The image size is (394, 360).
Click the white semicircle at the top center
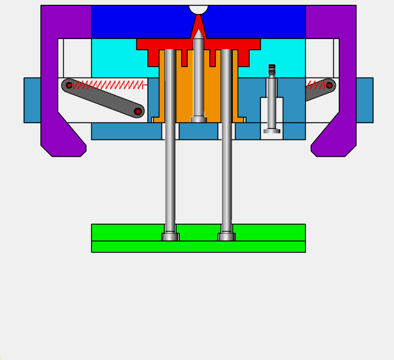coord(199,9)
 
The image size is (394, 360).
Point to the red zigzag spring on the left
coord(108,85)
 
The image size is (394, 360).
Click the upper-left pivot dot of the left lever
coord(69,85)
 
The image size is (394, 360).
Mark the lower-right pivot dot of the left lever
coord(138,111)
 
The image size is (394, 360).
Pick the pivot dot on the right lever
coord(329,85)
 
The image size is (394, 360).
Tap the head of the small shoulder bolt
coord(272,130)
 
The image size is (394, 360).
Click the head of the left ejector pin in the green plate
coord(170,237)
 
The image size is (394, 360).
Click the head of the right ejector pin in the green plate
coord(227,237)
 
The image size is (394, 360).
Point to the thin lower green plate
coord(199,246)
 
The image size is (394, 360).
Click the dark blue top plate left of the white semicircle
coord(138,21)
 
